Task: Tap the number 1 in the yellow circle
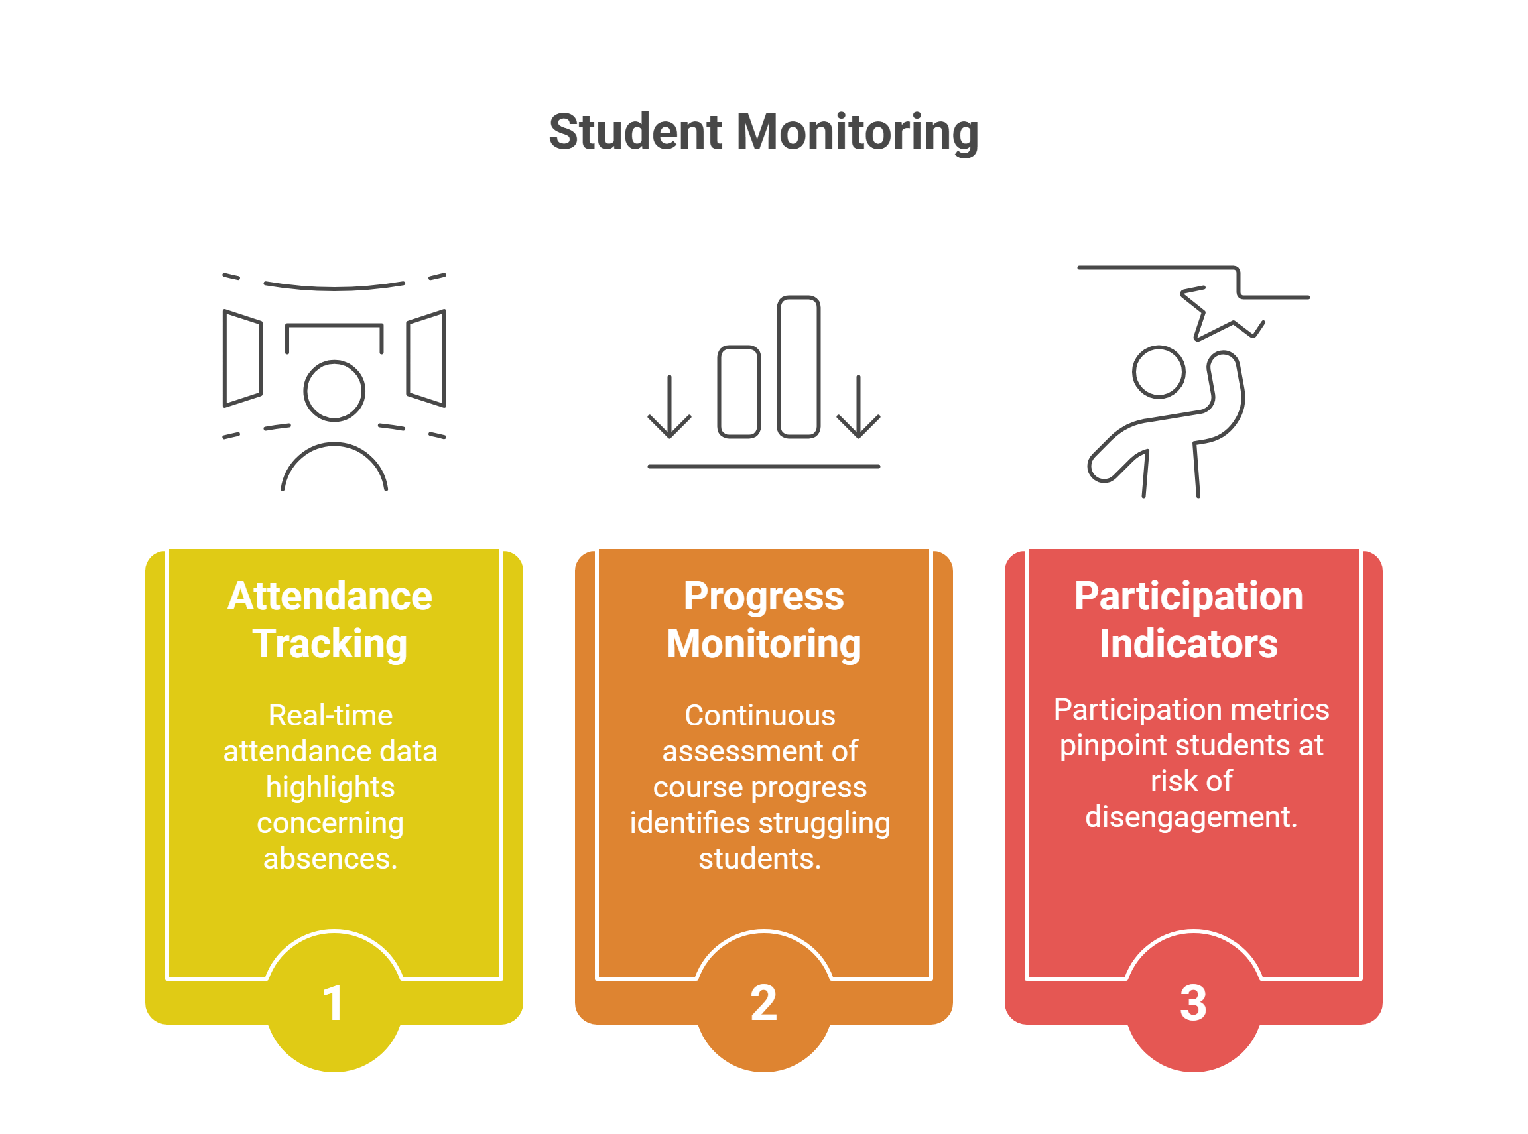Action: [x=333, y=1003]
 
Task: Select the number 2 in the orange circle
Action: [x=763, y=1003]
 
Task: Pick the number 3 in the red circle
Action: [x=1193, y=1003]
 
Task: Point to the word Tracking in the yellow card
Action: [x=330, y=644]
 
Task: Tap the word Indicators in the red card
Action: [x=1188, y=644]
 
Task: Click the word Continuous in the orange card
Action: [x=760, y=716]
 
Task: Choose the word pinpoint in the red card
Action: [x=1113, y=746]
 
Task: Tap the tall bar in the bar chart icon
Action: [x=798, y=367]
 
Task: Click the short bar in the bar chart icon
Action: [x=739, y=391]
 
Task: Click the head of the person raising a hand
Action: [x=1159, y=371]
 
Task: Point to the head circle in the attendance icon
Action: [x=334, y=391]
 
